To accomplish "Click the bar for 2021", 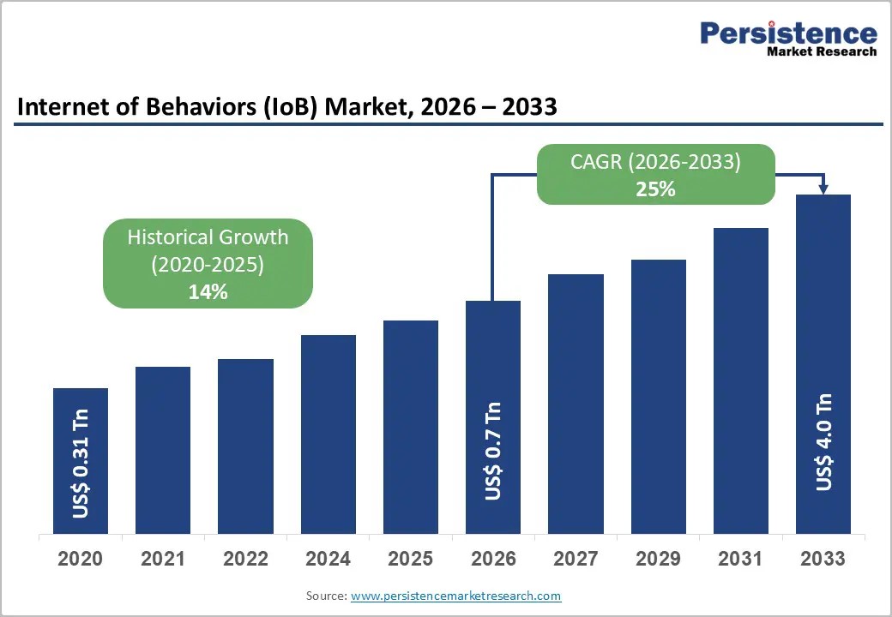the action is [x=163, y=450].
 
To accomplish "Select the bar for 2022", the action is [x=245, y=446].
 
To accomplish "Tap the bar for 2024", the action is [x=328, y=434].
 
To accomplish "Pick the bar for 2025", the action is [x=411, y=428].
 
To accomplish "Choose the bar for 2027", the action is [x=576, y=404].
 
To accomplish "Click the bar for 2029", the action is [x=658, y=397].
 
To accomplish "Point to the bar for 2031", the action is [x=741, y=380].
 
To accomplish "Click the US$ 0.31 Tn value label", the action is [x=81, y=464].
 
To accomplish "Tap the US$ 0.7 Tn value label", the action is [x=493, y=451].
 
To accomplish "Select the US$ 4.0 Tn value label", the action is [x=823, y=441].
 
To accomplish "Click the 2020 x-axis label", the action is [x=81, y=559].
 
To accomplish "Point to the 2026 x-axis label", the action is [x=493, y=559].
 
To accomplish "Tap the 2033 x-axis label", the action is [x=823, y=559].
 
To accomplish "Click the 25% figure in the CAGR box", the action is [x=656, y=189].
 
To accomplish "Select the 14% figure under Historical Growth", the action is [x=208, y=292].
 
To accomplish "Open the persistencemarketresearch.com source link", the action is [x=455, y=596].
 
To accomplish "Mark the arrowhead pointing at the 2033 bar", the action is [x=823, y=189].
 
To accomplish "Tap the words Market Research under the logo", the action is [x=822, y=51].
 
